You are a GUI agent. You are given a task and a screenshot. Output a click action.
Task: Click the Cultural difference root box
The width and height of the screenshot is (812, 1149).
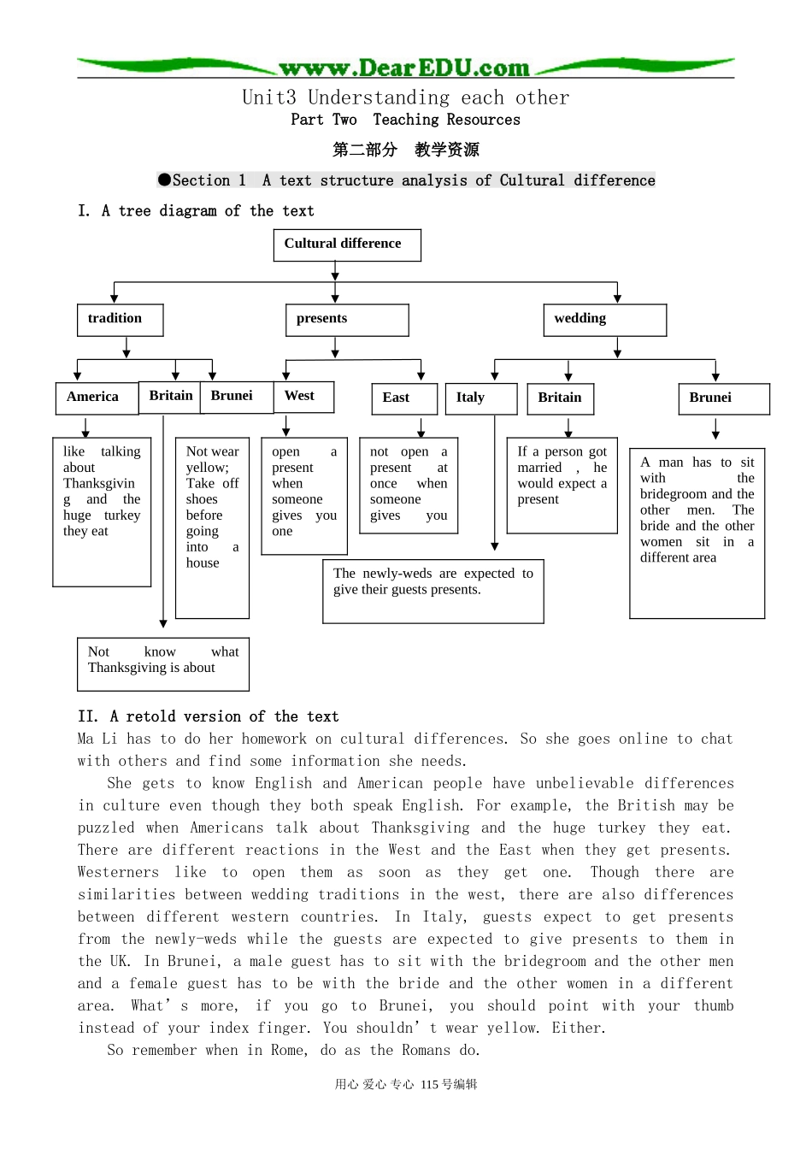pyautogui.click(x=347, y=245)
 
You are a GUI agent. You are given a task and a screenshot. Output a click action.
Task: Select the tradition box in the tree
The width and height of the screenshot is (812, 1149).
pyautogui.click(x=120, y=320)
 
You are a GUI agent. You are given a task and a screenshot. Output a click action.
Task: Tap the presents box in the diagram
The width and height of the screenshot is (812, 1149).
pyautogui.click(x=347, y=320)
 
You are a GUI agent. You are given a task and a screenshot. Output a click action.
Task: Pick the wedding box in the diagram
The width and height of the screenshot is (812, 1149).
pyautogui.click(x=604, y=320)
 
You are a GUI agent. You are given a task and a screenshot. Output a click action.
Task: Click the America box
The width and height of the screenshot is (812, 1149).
pyautogui.click(x=95, y=398)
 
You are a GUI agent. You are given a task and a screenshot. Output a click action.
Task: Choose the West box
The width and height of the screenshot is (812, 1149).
pyautogui.click(x=303, y=397)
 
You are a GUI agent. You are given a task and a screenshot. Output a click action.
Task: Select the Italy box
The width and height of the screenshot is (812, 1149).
pyautogui.click(x=481, y=398)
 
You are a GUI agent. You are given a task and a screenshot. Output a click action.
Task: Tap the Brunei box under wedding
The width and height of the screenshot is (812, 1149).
pyautogui.click(x=724, y=398)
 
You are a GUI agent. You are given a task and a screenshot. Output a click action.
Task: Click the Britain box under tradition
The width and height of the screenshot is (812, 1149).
pyautogui.click(x=170, y=397)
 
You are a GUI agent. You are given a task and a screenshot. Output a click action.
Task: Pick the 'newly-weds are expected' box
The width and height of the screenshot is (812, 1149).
pyautogui.click(x=432, y=591)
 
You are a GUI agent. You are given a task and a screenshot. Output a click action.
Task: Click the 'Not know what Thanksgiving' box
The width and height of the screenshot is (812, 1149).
pyautogui.click(x=162, y=663)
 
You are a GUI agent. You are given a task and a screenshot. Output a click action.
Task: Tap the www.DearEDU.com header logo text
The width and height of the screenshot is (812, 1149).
pyautogui.click(x=404, y=68)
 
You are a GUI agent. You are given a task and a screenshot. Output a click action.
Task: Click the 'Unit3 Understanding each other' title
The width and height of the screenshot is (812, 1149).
pyautogui.click(x=405, y=97)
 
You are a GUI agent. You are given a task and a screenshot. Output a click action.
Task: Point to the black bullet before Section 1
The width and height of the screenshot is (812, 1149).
pyautogui.click(x=164, y=180)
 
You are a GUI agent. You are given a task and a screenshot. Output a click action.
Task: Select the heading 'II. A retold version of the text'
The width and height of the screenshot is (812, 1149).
pyautogui.click(x=208, y=716)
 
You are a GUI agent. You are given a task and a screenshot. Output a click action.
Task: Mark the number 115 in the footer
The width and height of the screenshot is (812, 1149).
pyautogui.click(x=429, y=1084)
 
